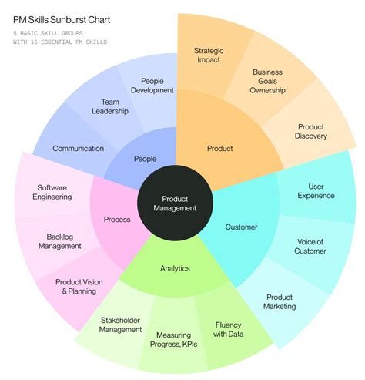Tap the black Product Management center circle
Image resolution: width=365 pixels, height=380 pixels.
pyautogui.click(x=175, y=203)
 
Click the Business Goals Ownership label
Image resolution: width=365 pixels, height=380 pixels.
pyautogui.click(x=268, y=81)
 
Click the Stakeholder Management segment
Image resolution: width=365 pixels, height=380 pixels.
pyautogui.click(x=121, y=325)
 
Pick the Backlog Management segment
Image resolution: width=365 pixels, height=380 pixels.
pyautogui.click(x=58, y=240)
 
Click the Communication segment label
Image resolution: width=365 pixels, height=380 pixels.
pyautogui.click(x=78, y=148)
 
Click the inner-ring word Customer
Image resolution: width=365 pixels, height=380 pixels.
pyautogui.click(x=241, y=227)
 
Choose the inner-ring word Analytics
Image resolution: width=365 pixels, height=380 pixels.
pyautogui.click(x=175, y=268)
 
